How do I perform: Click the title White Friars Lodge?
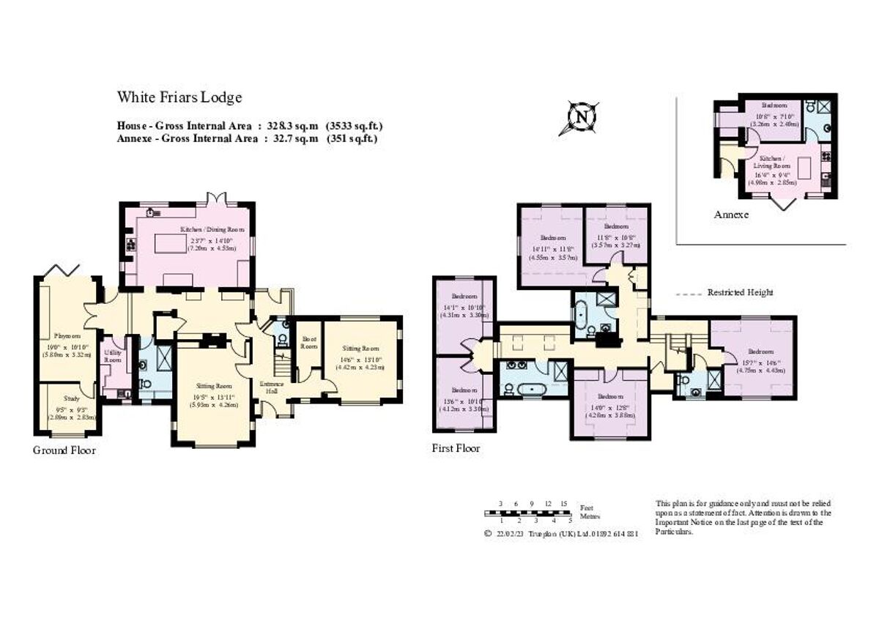pos(179,97)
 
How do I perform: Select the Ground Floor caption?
pos(64,450)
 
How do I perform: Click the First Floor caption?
pos(456,448)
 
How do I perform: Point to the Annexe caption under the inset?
pos(731,215)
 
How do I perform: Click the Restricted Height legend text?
pos(740,293)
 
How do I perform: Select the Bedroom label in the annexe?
pos(774,105)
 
